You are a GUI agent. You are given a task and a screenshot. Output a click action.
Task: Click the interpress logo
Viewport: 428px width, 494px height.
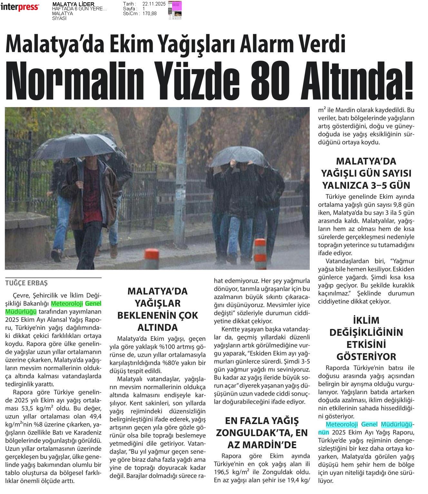[x=20, y=7]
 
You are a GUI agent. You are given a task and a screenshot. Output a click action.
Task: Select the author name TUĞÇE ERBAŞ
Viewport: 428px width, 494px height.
[x=26, y=283]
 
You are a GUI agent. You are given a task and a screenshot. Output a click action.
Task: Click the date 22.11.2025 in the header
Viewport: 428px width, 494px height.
[x=154, y=4]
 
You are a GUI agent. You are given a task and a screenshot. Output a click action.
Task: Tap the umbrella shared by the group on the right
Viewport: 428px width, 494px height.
[x=239, y=156]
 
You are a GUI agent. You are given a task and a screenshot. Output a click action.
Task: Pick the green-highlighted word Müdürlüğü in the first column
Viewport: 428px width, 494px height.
[x=21, y=312]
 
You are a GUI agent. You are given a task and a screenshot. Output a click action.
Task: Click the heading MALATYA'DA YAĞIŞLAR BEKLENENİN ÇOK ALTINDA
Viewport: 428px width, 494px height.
[x=157, y=309]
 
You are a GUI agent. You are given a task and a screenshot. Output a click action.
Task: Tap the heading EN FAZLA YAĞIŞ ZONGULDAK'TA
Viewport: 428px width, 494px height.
[x=262, y=433]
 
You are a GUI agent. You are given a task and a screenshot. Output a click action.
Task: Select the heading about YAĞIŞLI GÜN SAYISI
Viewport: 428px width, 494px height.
[x=366, y=173]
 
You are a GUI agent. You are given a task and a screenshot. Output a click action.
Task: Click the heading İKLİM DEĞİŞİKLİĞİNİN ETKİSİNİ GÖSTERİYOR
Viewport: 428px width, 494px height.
[x=366, y=338]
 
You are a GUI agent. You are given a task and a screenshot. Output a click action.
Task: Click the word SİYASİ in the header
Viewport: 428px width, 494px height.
[x=59, y=18]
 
